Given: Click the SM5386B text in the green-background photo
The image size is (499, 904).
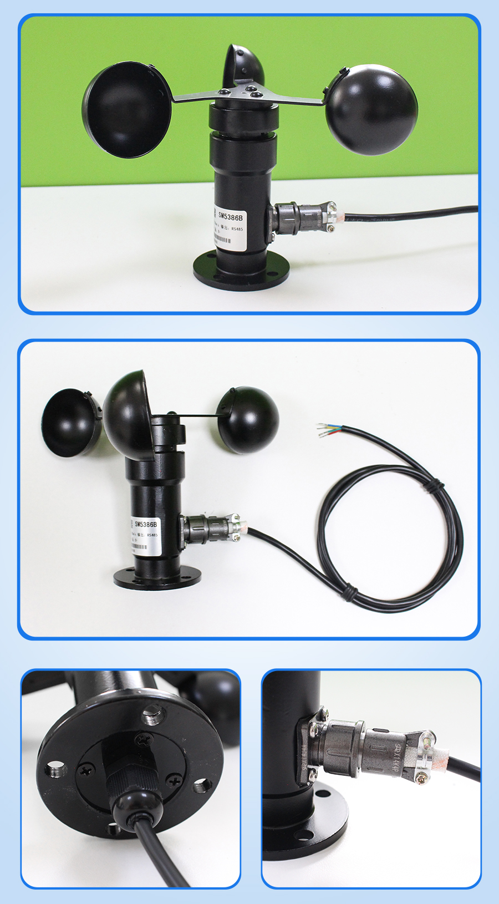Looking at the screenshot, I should pos(230,216).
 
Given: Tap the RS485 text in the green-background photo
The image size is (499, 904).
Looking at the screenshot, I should pos(237,228).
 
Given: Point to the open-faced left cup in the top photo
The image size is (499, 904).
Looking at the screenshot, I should pos(126,110).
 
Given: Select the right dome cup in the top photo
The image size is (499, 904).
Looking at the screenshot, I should pos(371,109).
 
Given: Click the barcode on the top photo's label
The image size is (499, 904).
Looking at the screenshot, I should pos(222,239).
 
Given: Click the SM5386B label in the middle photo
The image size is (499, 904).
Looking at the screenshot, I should pos(146,524).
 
